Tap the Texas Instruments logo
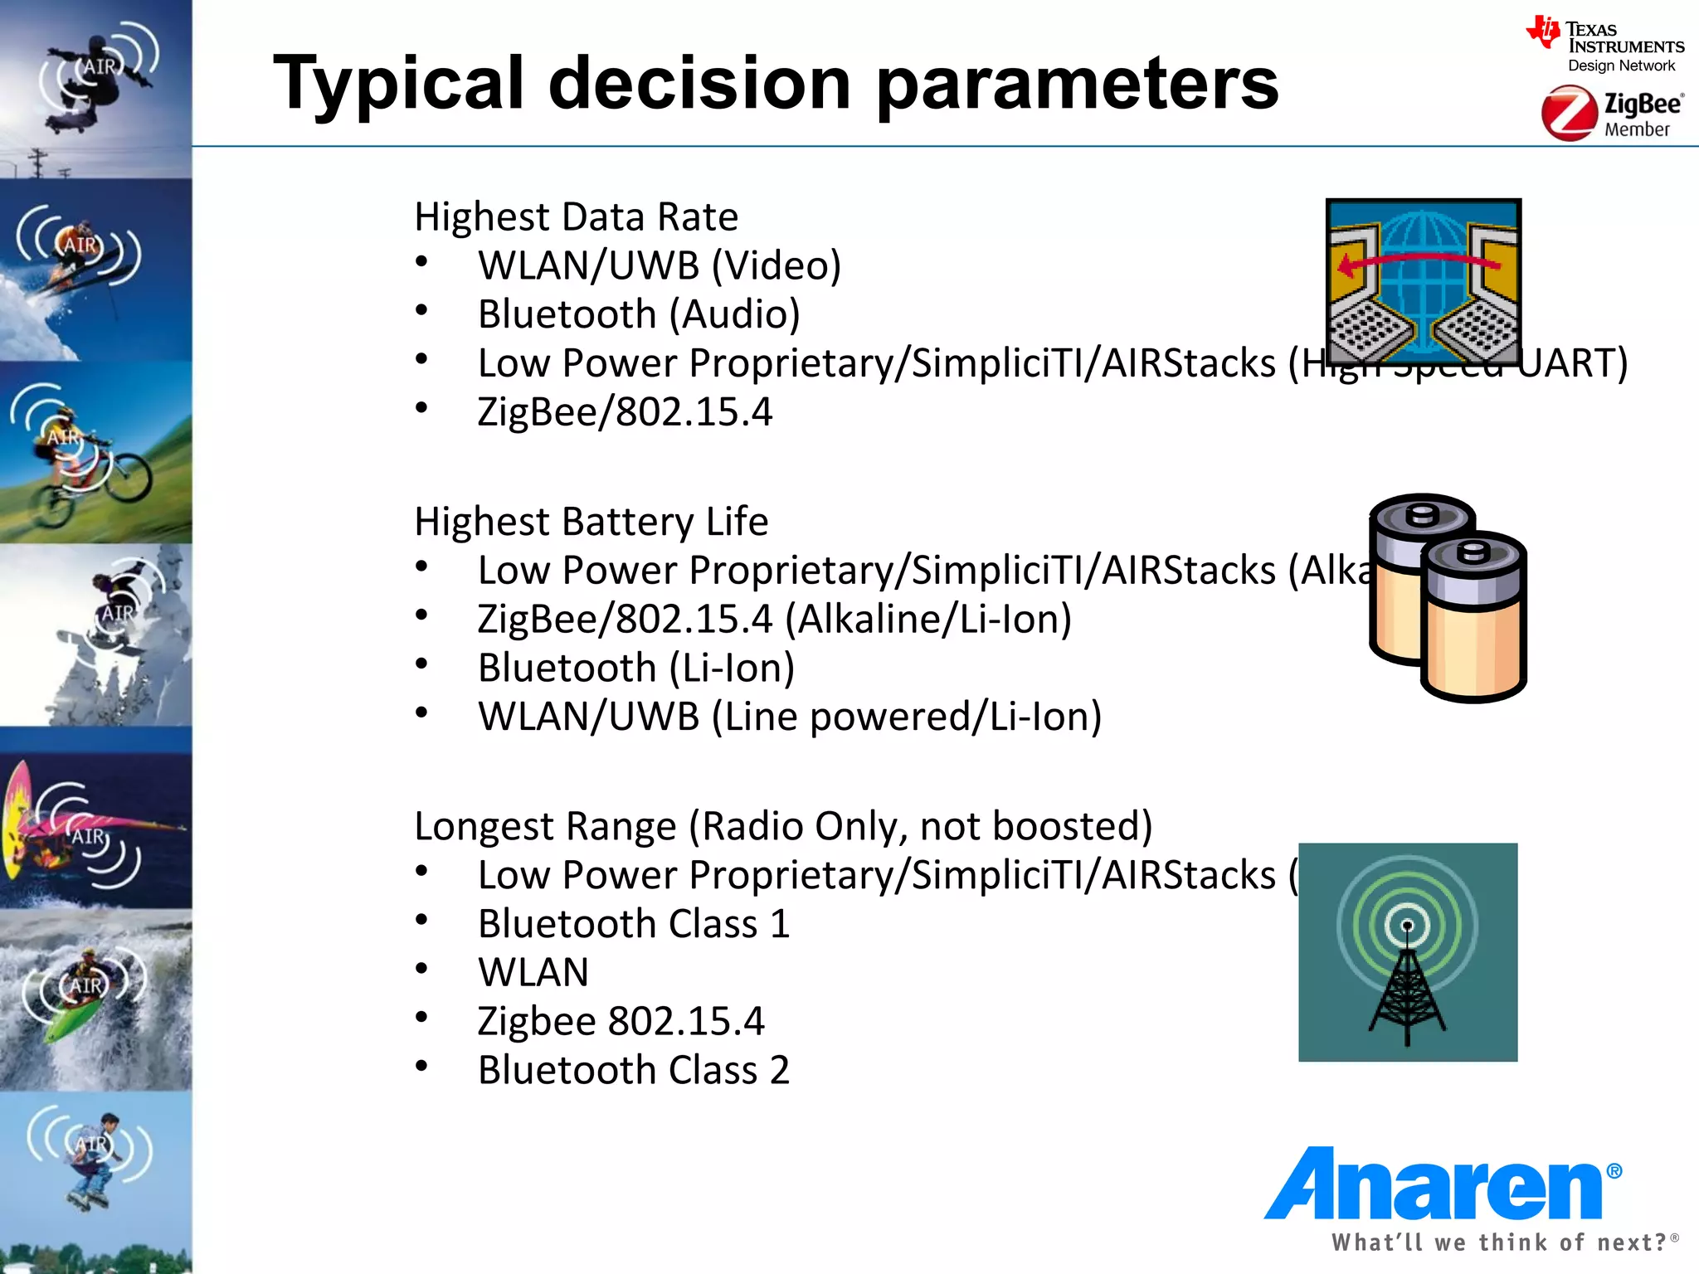point(1604,46)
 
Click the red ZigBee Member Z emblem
point(1569,114)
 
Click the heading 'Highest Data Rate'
point(576,217)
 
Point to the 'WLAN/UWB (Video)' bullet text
point(659,266)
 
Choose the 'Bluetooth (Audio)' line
point(638,315)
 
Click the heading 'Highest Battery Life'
point(591,522)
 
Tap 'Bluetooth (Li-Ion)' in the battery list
point(635,669)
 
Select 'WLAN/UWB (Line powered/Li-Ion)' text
point(789,717)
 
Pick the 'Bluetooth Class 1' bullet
point(633,924)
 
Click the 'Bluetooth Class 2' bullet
point(633,1070)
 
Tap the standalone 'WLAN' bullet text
point(533,973)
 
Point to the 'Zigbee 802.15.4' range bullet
point(621,1022)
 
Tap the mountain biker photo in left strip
point(95,453)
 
